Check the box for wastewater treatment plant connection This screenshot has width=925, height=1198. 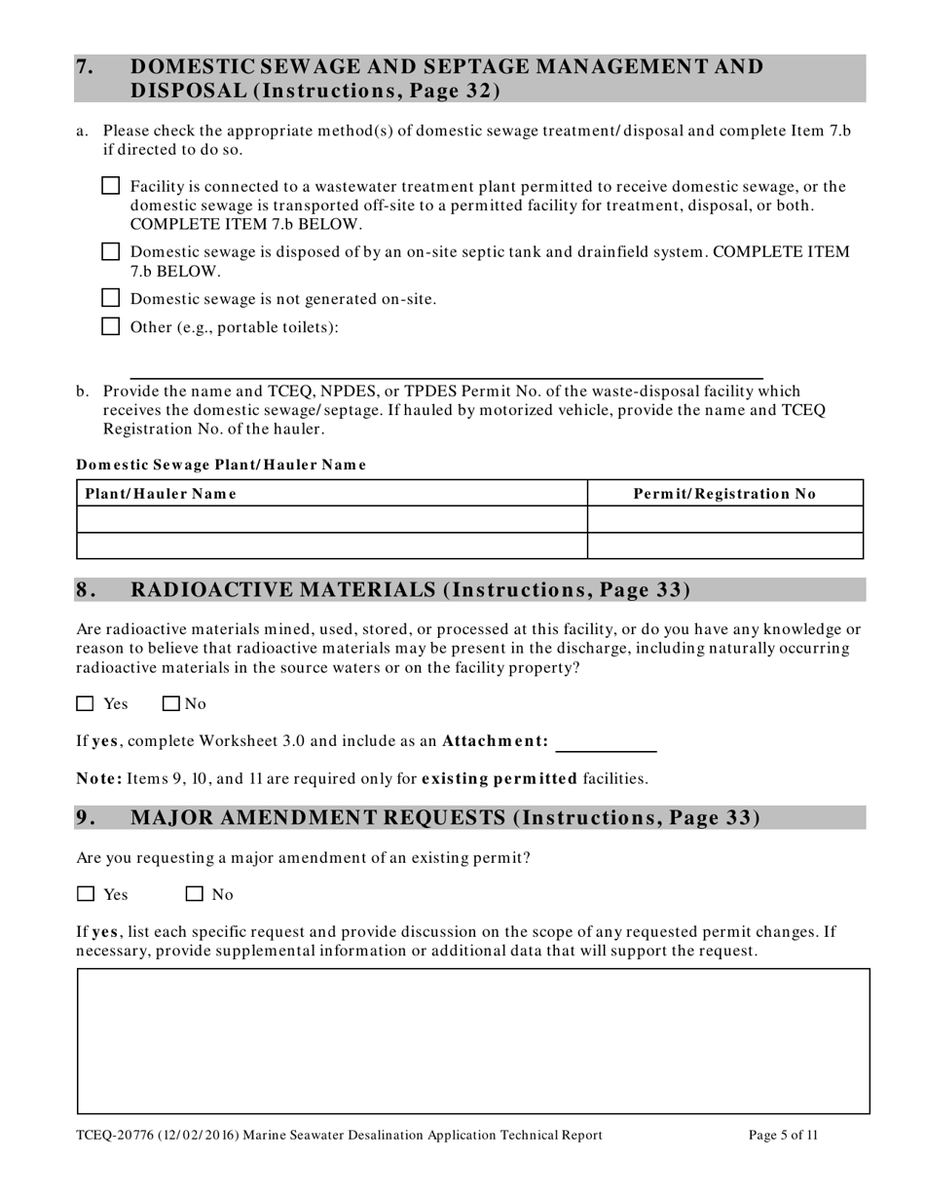pyautogui.click(x=111, y=186)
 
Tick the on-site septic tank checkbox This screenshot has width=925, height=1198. pyautogui.click(x=111, y=251)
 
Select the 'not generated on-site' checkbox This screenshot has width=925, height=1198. pyautogui.click(x=111, y=298)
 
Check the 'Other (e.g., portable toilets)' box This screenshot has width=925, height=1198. pyautogui.click(x=111, y=326)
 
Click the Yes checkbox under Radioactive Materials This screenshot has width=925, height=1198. pyautogui.click(x=86, y=703)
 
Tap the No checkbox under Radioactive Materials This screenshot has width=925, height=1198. pyautogui.click(x=172, y=703)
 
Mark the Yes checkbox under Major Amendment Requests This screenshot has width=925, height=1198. pyautogui.click(x=86, y=894)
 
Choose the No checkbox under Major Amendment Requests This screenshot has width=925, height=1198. pyautogui.click(x=195, y=894)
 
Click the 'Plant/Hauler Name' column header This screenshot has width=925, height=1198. pyautogui.click(x=162, y=494)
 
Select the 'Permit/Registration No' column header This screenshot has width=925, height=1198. pyautogui.click(x=724, y=494)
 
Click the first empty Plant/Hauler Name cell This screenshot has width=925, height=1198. pyautogui.click(x=331, y=519)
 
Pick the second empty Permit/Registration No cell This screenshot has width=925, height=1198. pyautogui.click(x=724, y=545)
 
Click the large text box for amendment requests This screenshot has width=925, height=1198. pyautogui.click(x=473, y=1040)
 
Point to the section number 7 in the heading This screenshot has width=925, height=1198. pyautogui.click(x=86, y=67)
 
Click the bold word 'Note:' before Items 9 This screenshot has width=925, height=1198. pyautogui.click(x=99, y=778)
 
